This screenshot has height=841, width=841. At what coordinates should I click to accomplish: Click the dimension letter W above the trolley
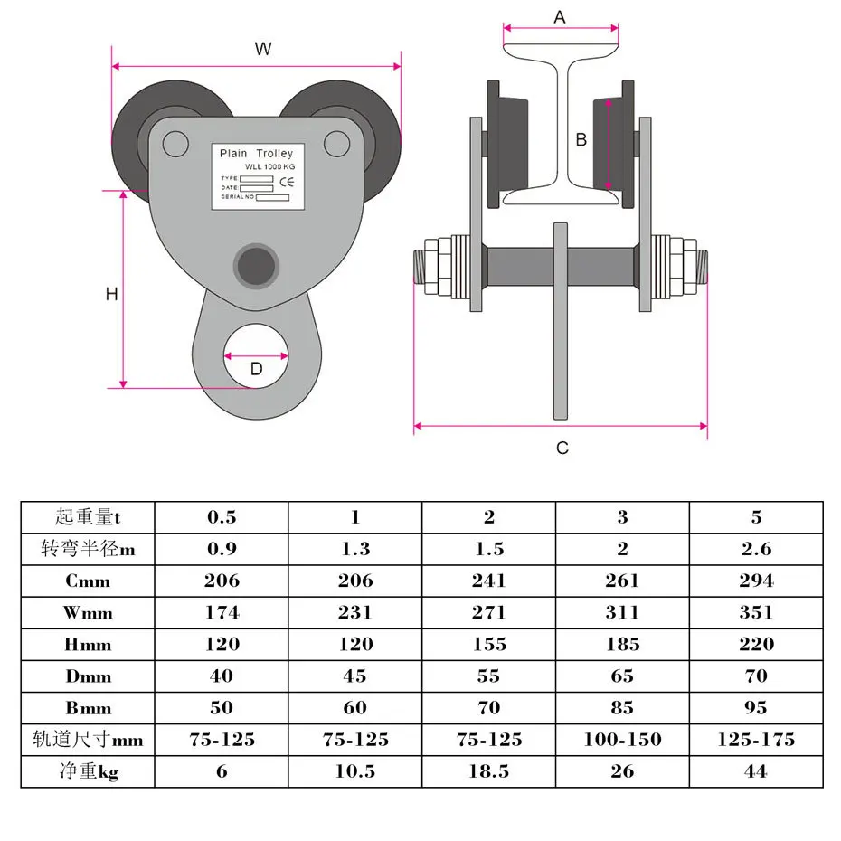pyautogui.click(x=262, y=49)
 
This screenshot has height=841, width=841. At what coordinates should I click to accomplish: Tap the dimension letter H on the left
pyautogui.click(x=111, y=294)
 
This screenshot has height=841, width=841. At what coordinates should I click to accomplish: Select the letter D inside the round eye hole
pyautogui.click(x=256, y=368)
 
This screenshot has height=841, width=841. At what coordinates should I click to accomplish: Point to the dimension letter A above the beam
pyautogui.click(x=560, y=17)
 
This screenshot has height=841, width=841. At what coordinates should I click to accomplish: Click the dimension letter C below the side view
pyautogui.click(x=562, y=448)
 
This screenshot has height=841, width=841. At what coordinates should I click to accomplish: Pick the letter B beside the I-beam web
pyautogui.click(x=581, y=139)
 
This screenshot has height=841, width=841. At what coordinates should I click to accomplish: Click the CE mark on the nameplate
pyautogui.click(x=283, y=179)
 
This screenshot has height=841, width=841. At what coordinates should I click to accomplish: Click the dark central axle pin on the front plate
pyautogui.click(x=256, y=264)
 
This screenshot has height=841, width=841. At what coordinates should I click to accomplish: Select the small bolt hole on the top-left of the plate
pyautogui.click(x=175, y=142)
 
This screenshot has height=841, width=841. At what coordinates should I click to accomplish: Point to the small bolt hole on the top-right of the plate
pyautogui.click(x=336, y=142)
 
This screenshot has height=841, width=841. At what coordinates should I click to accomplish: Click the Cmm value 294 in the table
pyautogui.click(x=756, y=581)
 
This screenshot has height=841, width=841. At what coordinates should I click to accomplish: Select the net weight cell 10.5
pyautogui.click(x=355, y=771)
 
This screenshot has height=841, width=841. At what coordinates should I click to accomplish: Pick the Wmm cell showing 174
pyautogui.click(x=222, y=612)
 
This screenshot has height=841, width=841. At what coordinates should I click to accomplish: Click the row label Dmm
pyautogui.click(x=88, y=676)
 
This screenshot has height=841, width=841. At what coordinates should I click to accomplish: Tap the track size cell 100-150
pyautogui.click(x=622, y=740)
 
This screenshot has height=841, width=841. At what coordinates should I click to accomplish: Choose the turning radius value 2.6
pyautogui.click(x=756, y=549)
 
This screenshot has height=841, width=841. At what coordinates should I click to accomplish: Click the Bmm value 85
pyautogui.click(x=622, y=708)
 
